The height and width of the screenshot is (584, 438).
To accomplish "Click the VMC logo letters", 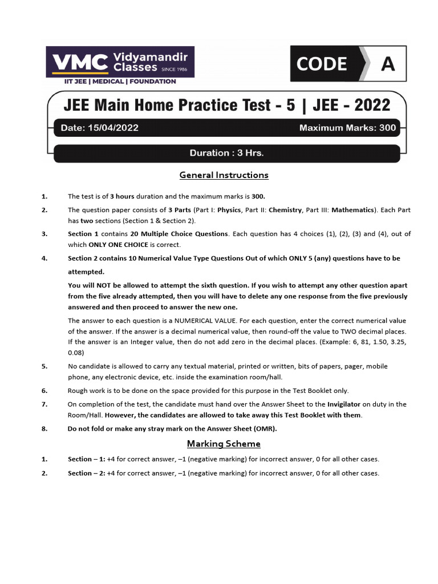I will [80, 62].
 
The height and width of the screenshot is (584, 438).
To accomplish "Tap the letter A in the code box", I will [388, 64].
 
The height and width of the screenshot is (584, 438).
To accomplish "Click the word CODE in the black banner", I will [322, 64].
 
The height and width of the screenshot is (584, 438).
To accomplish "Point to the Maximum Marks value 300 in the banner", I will [387, 128].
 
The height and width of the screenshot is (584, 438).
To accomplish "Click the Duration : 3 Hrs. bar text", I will [226, 153].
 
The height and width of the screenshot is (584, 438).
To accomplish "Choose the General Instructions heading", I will [224, 175].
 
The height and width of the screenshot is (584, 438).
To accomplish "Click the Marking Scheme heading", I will [224, 443].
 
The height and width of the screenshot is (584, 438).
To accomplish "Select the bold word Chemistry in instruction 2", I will [285, 210].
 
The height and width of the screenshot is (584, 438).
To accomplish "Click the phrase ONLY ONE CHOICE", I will [119, 244].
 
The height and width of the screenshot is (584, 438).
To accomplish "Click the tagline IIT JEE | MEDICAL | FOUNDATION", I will [120, 82].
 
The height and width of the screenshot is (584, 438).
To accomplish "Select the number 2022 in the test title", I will [372, 105].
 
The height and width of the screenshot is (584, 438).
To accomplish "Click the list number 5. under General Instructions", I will [44, 366].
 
